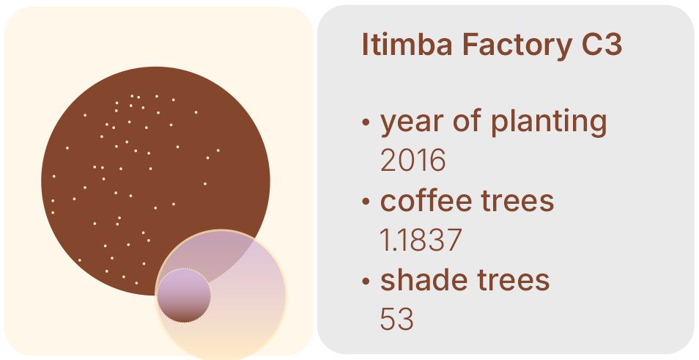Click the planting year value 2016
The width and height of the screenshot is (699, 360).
(x=413, y=160)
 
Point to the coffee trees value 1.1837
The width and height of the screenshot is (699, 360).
(x=421, y=240)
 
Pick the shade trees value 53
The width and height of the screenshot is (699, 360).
(x=396, y=320)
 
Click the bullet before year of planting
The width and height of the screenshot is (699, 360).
(x=366, y=122)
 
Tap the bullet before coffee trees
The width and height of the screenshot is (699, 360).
(x=366, y=201)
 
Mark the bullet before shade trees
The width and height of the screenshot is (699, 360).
(x=366, y=281)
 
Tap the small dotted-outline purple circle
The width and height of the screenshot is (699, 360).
(x=184, y=295)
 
